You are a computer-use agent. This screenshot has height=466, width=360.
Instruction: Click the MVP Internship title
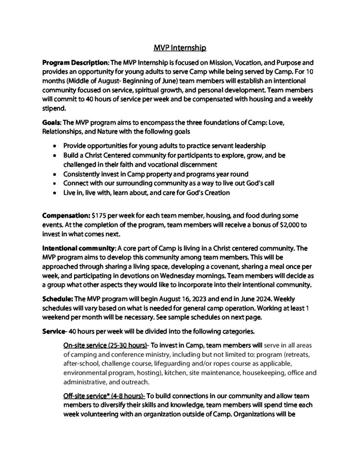coord(180,46)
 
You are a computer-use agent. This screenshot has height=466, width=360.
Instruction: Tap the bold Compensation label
coord(66,214)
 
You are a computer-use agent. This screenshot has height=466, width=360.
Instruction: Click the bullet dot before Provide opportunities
coord(55,146)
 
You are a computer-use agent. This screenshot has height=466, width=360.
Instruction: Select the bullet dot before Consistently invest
coord(55,173)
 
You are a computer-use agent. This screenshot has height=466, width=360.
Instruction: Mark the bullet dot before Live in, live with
coord(55,192)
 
